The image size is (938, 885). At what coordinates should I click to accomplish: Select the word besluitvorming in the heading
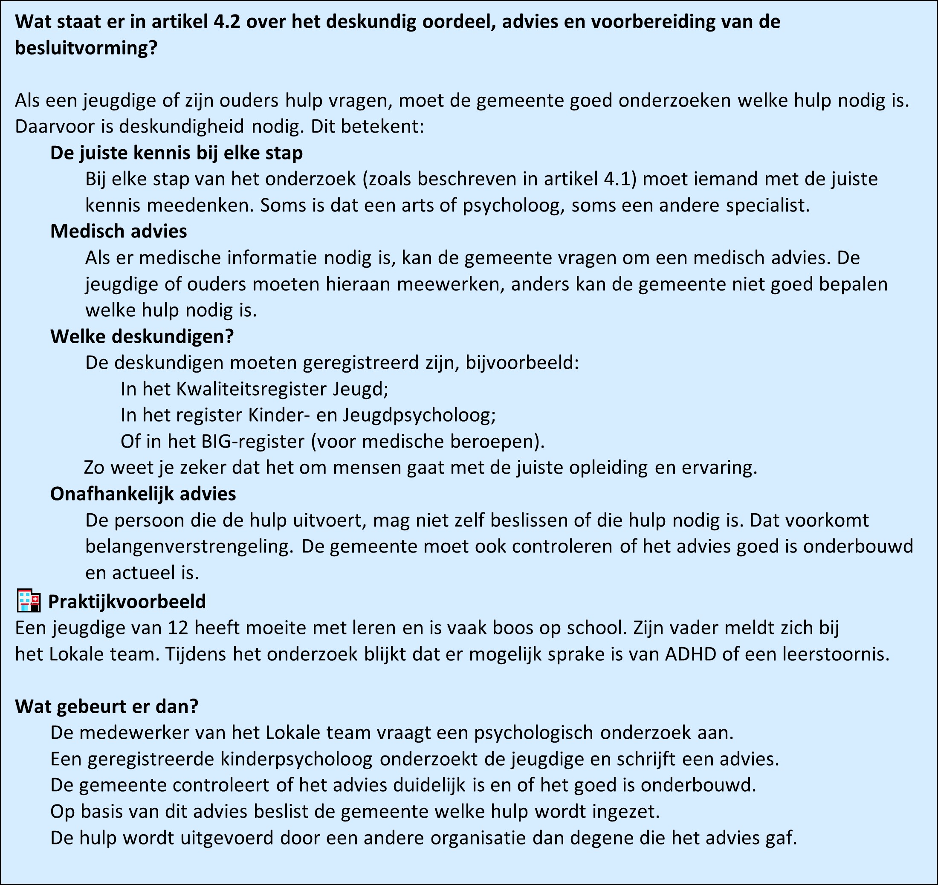tap(80, 49)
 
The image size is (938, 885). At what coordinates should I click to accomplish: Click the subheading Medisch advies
tap(119, 231)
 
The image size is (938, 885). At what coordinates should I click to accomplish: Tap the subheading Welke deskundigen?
tap(142, 336)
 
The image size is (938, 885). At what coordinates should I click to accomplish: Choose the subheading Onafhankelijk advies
tap(143, 494)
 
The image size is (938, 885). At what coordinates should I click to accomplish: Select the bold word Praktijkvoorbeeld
tap(127, 602)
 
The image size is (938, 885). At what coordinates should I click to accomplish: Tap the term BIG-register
tap(252, 442)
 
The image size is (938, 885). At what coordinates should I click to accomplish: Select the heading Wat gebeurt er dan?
tap(107, 707)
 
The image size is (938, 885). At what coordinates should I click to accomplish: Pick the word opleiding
tap(610, 468)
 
